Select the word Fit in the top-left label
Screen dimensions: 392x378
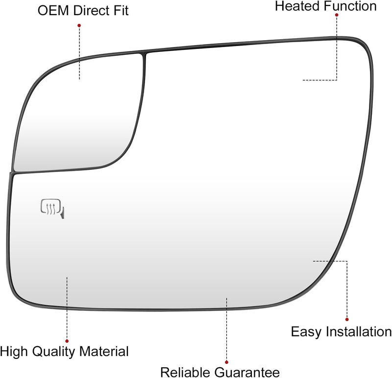point(121,11)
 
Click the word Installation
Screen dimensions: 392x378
point(359,332)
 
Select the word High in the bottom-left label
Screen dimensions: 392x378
point(14,352)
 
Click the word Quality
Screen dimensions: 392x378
point(53,352)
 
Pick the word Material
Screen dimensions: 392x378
point(104,351)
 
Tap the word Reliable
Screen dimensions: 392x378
point(185,372)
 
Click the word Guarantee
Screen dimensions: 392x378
point(247,372)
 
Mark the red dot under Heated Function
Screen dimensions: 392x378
point(337,15)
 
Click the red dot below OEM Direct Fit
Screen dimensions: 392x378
point(79,25)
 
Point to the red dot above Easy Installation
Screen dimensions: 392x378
point(347,320)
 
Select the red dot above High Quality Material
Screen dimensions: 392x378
point(67,341)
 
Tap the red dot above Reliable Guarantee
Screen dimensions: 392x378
point(226,362)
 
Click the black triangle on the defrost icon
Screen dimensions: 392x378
point(63,213)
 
